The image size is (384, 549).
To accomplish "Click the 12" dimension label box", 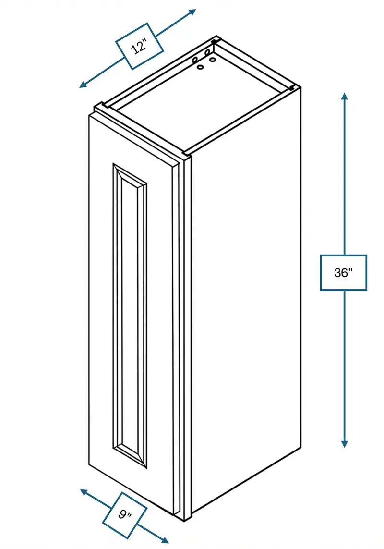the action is [139, 46].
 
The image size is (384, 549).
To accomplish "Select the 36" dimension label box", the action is [343, 273].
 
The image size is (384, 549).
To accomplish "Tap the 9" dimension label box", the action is [125, 515].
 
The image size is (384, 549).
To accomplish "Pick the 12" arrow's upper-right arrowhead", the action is [192, 12].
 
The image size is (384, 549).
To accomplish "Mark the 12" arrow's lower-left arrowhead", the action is [83, 84].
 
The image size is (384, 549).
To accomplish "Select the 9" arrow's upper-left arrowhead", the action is [84, 492].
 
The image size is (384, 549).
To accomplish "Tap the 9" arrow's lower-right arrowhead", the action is [165, 540].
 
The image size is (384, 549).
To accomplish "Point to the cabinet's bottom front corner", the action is [184, 520].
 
